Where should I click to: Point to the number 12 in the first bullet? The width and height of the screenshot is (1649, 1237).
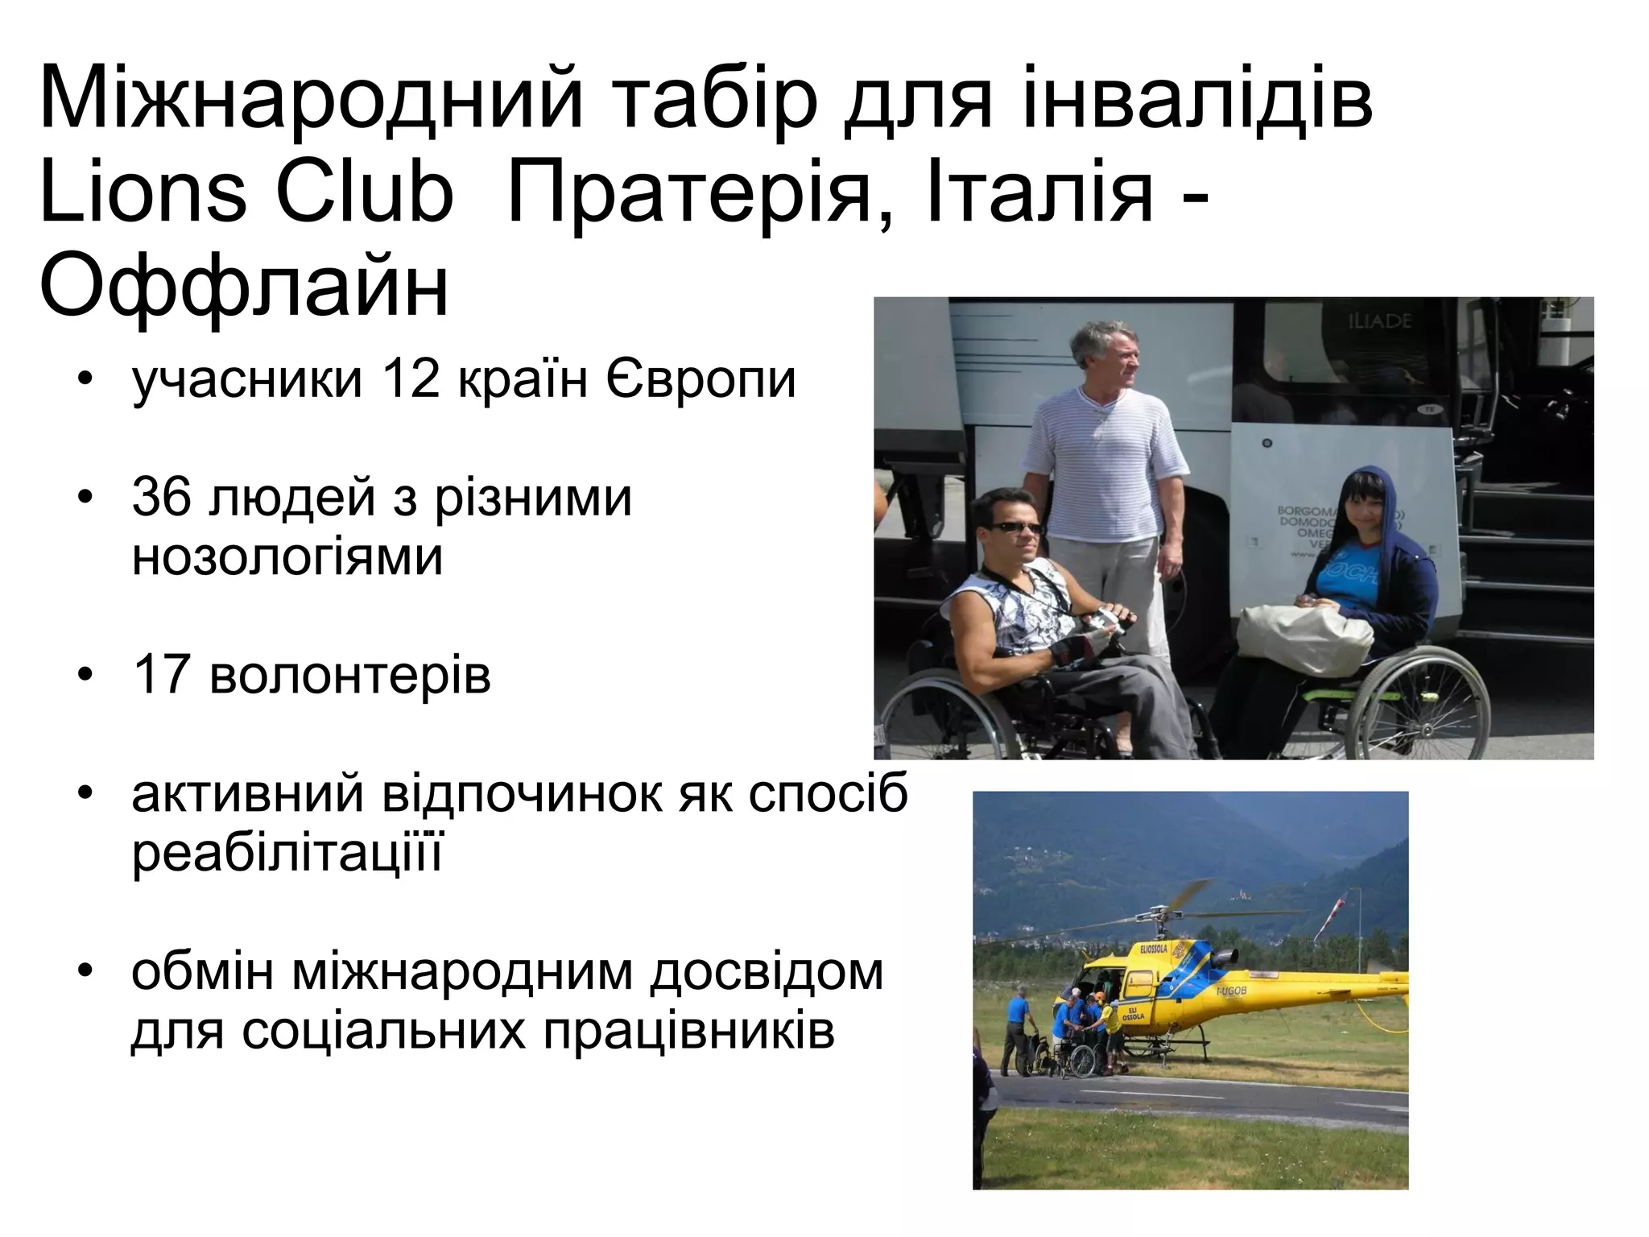coord(411,379)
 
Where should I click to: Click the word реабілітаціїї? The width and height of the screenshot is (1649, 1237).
coord(287,852)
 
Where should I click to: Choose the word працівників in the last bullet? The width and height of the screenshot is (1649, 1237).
coord(688,1030)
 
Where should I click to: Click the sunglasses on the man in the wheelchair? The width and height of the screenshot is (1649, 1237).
coord(1014,528)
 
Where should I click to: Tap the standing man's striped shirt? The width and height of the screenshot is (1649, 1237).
coord(1103,467)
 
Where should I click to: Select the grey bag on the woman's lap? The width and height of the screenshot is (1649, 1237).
coord(1304,636)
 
